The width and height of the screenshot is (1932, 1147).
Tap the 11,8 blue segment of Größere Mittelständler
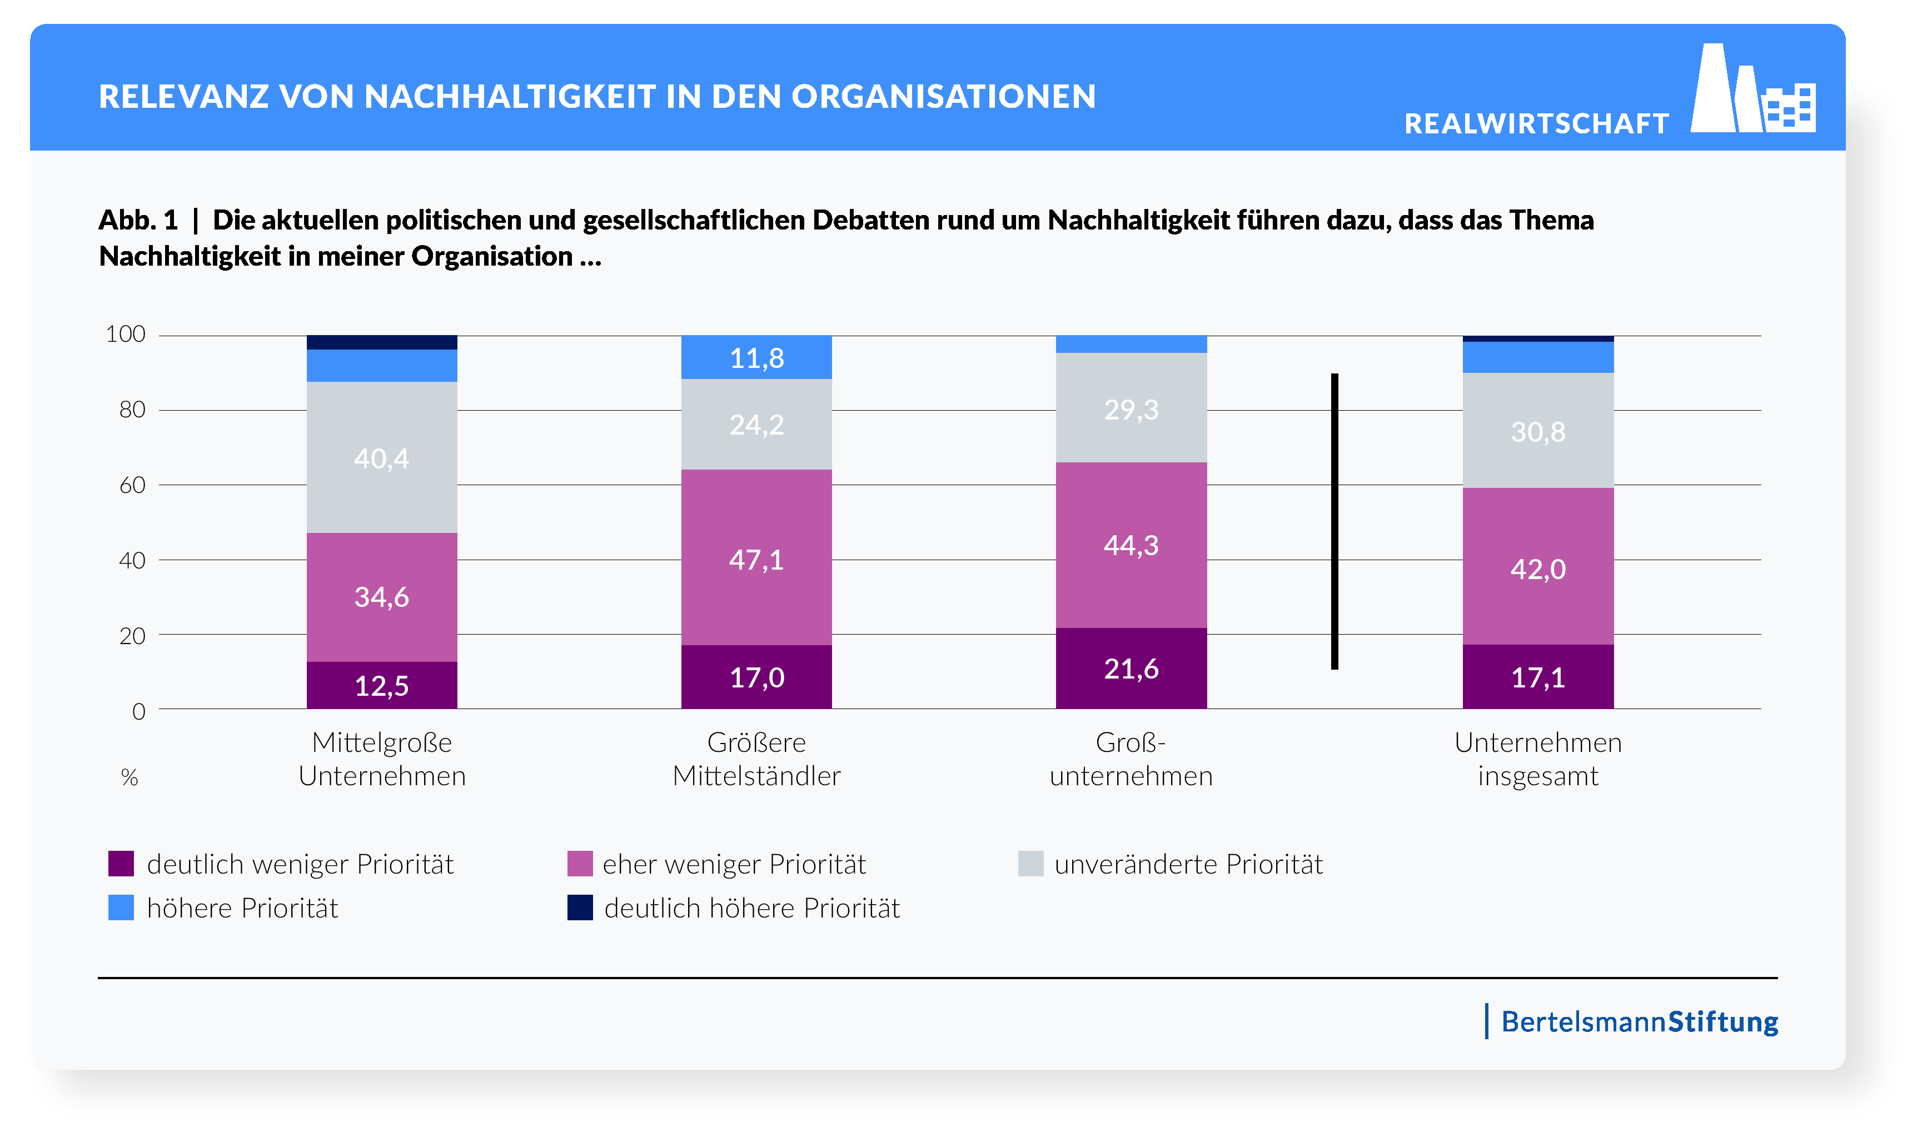click(x=756, y=357)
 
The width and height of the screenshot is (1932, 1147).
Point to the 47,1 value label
click(x=756, y=560)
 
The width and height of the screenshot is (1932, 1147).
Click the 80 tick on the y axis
click(x=132, y=410)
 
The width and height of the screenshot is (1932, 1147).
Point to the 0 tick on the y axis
click(x=138, y=711)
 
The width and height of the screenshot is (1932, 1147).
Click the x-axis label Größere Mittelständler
click(x=756, y=759)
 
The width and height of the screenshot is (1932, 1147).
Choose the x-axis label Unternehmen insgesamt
click(x=1537, y=759)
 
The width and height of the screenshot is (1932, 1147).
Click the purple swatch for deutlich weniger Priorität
click(x=121, y=864)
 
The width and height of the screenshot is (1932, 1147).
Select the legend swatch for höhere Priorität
click(x=121, y=907)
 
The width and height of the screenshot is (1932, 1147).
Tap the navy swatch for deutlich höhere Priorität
click(x=580, y=907)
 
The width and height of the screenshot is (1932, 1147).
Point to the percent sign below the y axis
click(x=129, y=777)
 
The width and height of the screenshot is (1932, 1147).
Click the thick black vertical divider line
click(x=1334, y=522)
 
